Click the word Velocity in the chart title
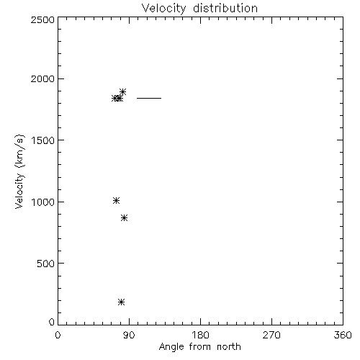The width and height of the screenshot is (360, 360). [164, 9]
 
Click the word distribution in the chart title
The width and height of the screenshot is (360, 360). [225, 8]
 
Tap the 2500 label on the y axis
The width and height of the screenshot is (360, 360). [42, 19]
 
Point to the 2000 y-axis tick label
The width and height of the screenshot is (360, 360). [42, 78]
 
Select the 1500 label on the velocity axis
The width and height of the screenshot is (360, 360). [43, 140]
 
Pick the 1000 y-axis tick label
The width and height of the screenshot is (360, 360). [43, 202]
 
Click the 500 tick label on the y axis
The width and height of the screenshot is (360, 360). [46, 264]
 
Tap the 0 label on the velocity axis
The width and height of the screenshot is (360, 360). [52, 322]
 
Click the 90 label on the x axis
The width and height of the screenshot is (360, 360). [129, 335]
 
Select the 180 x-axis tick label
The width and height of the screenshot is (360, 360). [200, 335]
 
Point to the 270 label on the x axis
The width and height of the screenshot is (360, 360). [271, 335]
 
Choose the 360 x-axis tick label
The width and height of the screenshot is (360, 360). [343, 335]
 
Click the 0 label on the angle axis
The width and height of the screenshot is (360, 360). [58, 335]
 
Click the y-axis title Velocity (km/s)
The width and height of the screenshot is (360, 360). [19, 171]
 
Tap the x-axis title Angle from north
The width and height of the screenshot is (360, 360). [200, 347]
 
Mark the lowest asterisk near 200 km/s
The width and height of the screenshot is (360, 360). [122, 302]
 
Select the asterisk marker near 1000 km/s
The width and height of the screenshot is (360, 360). [116, 200]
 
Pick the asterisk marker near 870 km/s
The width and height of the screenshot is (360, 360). [124, 218]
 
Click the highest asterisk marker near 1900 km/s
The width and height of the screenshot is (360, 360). [122, 91]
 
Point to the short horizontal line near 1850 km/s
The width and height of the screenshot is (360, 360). [149, 98]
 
